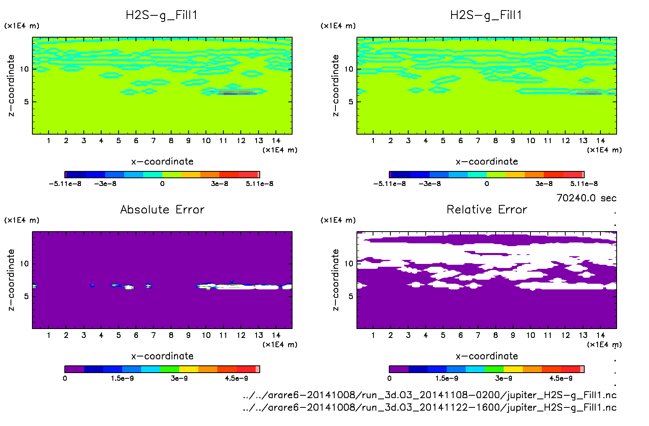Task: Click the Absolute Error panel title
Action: (162, 209)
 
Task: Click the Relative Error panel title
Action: (487, 209)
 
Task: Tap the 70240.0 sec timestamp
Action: (586, 198)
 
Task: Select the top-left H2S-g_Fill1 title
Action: (161, 15)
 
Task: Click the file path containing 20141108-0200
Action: (429, 395)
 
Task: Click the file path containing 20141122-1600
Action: (429, 407)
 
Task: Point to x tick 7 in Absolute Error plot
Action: (153, 335)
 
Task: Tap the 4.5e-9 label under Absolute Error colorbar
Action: (236, 378)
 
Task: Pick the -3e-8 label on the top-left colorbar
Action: (105, 183)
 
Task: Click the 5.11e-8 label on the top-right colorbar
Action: (584, 183)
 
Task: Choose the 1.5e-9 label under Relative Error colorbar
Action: (447, 378)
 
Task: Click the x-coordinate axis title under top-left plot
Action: (162, 161)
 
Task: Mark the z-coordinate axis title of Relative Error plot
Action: (335, 280)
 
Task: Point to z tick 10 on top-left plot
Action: (24, 69)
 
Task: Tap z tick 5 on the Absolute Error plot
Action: (26, 296)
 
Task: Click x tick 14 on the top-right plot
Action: (600, 141)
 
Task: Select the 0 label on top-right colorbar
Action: (487, 183)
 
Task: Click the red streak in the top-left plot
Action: (237, 93)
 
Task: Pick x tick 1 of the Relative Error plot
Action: (373, 335)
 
